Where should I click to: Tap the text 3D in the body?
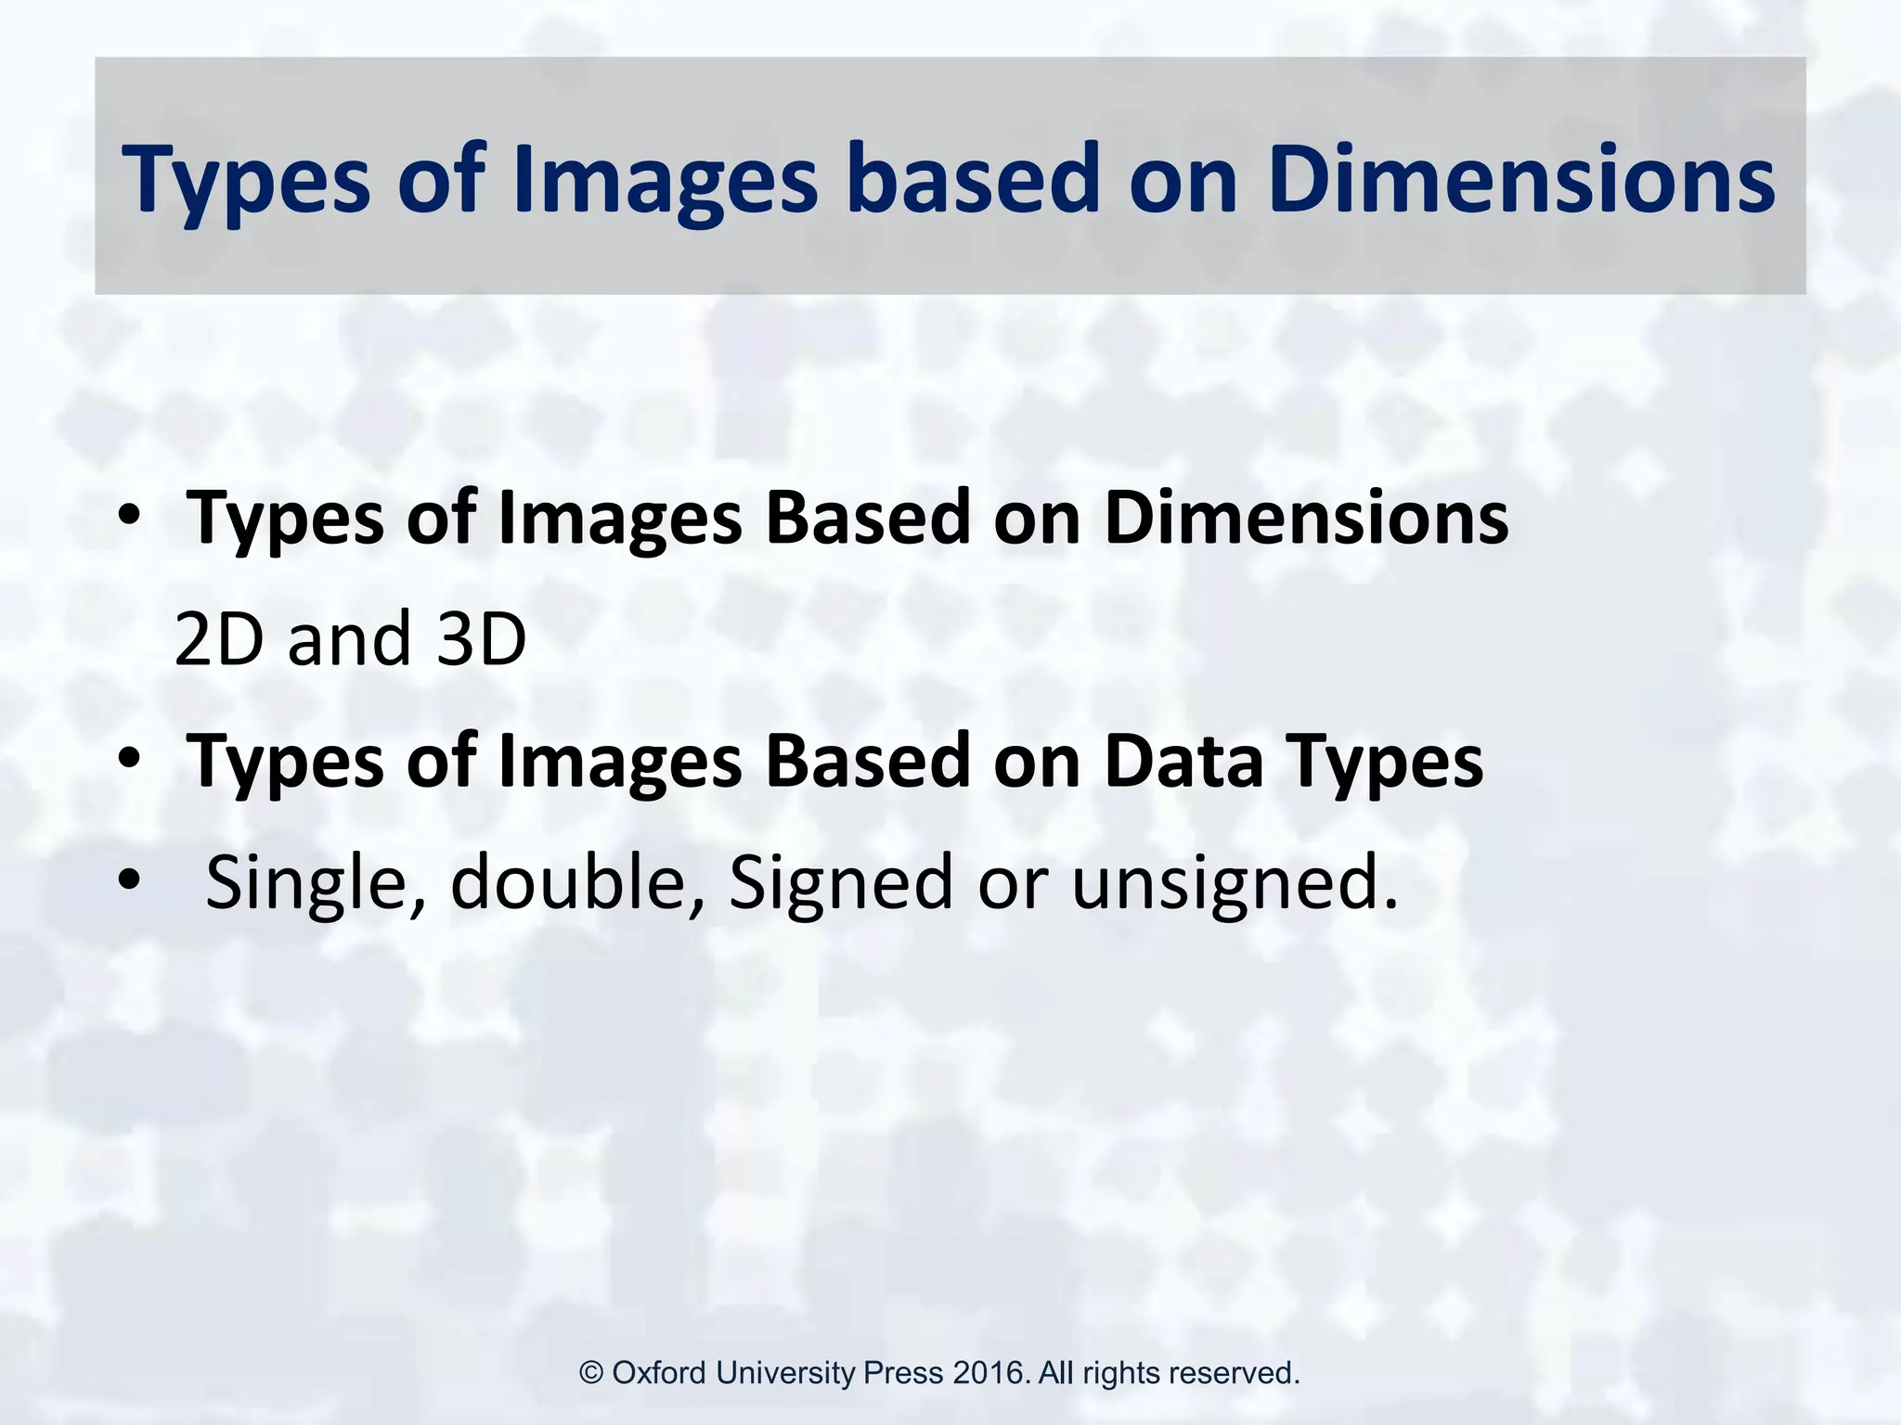(x=481, y=639)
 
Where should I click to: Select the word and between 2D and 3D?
(x=349, y=639)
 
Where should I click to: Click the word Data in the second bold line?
(x=1184, y=761)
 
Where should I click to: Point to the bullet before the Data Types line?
(x=129, y=760)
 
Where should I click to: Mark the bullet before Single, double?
(x=129, y=880)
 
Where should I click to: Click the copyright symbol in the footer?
(x=591, y=1373)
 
